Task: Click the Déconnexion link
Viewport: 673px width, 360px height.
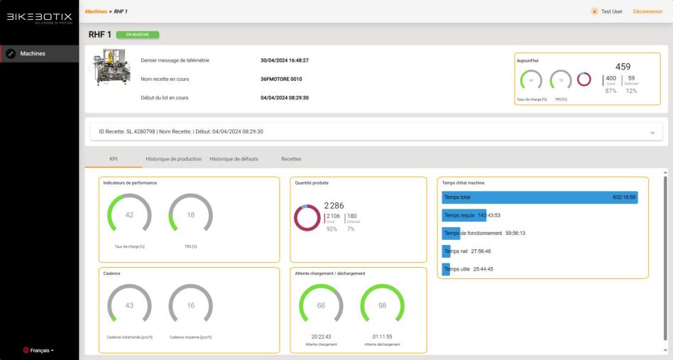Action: coord(647,11)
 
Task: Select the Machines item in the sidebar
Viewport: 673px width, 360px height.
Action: coord(40,53)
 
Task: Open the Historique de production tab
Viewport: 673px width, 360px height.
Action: coord(173,159)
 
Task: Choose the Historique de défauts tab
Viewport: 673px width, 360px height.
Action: coord(234,159)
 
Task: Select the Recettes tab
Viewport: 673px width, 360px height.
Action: coord(291,159)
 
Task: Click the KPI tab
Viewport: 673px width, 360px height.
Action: coord(114,159)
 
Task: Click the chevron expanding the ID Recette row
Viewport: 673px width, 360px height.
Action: coord(652,132)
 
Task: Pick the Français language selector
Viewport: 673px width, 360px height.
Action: coord(39,350)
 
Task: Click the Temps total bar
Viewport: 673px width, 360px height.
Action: coord(540,197)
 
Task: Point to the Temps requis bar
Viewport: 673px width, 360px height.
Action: coord(464,215)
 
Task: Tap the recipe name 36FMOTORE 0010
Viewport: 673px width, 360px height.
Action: coord(281,79)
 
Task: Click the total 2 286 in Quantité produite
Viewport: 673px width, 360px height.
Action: coord(334,206)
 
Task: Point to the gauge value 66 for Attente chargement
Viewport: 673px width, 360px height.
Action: coord(321,305)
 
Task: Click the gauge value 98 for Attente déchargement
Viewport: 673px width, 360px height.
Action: coord(382,305)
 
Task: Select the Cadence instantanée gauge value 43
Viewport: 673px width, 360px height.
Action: coord(129,305)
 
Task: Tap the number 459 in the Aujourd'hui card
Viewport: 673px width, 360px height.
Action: coord(623,67)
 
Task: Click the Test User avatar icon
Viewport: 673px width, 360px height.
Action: coord(594,11)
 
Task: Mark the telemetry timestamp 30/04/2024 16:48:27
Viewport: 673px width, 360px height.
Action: coord(285,60)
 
